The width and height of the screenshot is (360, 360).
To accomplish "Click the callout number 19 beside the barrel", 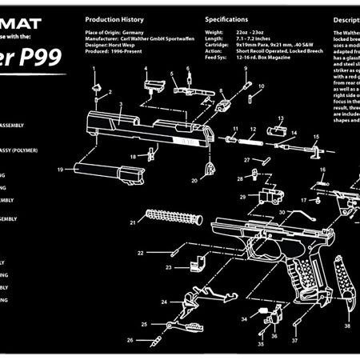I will pos(60,170).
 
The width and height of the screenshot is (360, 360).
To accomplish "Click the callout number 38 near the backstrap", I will pos(346,326).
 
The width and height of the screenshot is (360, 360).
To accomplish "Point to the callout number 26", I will pos(130,340).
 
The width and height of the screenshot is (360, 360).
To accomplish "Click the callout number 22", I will pos(140,253).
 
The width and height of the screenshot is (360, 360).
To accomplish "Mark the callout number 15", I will pos(315,137).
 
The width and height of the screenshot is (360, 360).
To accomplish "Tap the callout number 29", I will pos(242,196).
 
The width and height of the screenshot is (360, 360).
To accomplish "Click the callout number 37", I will pos(294,340).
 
